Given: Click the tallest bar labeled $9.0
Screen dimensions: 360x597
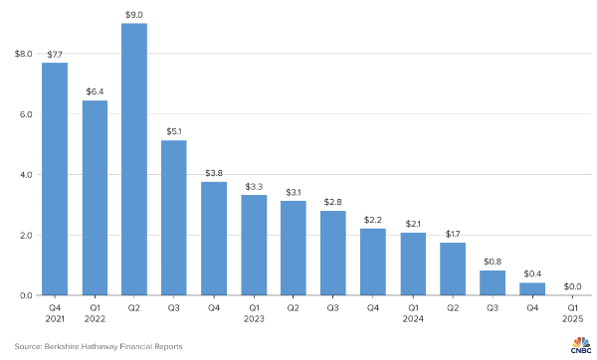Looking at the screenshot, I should [134, 159].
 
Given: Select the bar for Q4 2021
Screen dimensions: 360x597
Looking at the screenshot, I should [55, 179].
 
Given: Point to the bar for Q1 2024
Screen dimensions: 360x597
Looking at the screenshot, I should [413, 264].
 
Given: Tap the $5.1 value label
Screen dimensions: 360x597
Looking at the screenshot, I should [174, 130].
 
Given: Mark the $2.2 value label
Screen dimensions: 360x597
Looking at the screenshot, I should [373, 218].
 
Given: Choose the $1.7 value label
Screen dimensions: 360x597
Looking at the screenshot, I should [453, 233].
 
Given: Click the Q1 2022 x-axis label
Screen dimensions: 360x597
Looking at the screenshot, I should [95, 313].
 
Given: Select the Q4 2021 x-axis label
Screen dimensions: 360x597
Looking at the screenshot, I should [55, 313].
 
